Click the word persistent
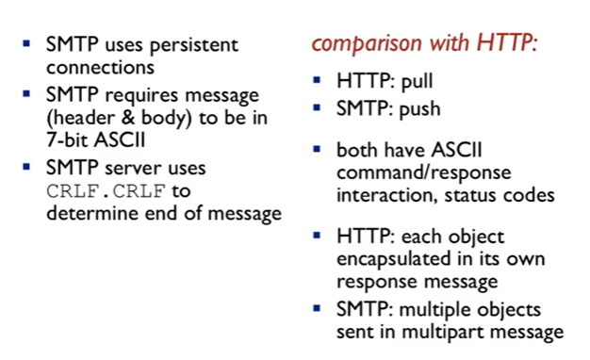pos(194,45)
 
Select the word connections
pos(100,68)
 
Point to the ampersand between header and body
pos(128,118)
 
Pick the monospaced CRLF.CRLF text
pos(107,191)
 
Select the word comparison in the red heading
pos(367,44)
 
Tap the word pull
pos(417,81)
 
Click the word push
pos(419,109)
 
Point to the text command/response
pos(424,173)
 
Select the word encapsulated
pos(393,259)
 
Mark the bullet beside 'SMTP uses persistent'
pos(26,43)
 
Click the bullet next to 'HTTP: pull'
pos(317,79)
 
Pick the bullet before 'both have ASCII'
pos(317,149)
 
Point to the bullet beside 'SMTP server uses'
pos(26,166)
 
